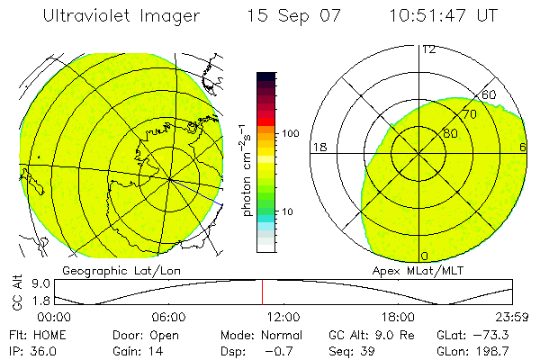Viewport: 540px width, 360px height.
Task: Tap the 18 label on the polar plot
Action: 319,147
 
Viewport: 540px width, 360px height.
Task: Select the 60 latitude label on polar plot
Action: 490,94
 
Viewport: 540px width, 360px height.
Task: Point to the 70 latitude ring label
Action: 469,114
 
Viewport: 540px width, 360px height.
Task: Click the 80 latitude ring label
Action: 450,133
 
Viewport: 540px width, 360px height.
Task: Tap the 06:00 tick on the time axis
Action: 169,317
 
